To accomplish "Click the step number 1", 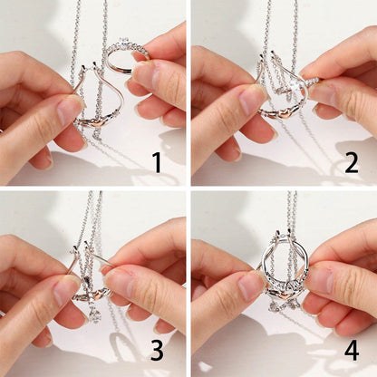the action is click(157, 162).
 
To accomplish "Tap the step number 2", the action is click(352, 163).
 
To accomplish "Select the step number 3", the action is click(157, 350).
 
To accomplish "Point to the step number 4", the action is click(352, 350).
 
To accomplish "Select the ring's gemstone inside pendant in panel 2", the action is click(295, 85).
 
